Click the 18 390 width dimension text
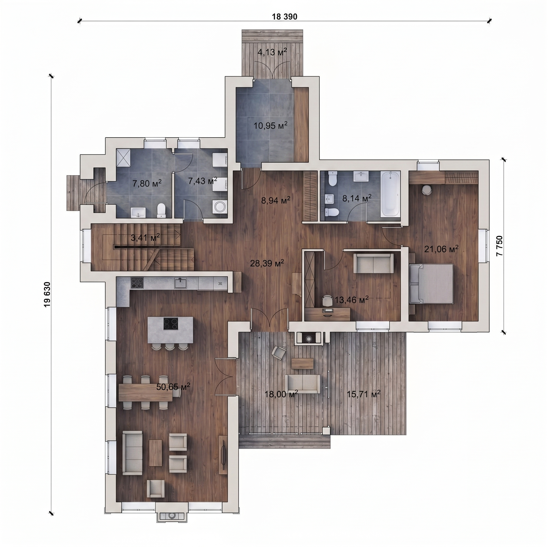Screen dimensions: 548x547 [x=284, y=17]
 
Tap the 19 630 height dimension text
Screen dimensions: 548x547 [x=47, y=294]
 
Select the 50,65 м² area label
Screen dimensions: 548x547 [x=173, y=386]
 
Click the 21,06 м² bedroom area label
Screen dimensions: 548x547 [x=441, y=249]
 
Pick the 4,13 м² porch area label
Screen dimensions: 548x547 [x=272, y=52]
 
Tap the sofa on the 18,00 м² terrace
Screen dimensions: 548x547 [x=303, y=384]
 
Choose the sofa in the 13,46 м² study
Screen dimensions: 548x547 [x=373, y=263]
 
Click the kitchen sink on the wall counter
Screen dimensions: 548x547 [x=181, y=283]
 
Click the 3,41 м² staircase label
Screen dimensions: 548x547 [x=145, y=237]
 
